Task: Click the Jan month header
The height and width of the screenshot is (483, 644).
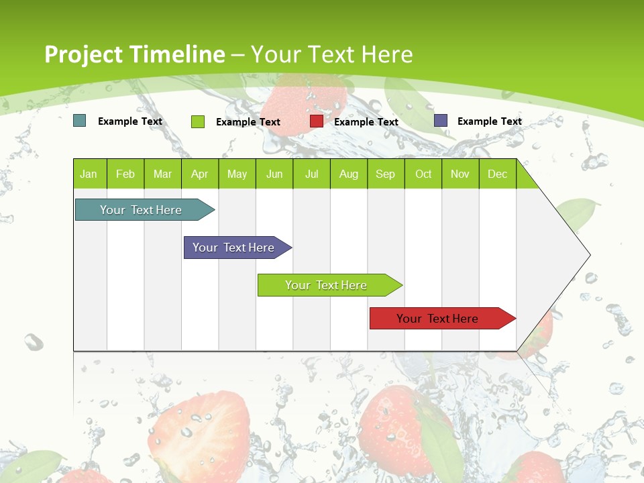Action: (89, 174)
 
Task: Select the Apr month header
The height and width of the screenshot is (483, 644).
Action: (200, 174)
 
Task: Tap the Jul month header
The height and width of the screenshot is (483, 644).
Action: (311, 174)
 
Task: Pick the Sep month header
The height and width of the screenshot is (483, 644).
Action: (386, 174)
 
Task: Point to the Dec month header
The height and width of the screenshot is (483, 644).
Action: (497, 174)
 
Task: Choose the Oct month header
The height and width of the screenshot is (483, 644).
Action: (423, 174)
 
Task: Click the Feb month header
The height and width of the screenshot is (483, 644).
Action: (125, 174)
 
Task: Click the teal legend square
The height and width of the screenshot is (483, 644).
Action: (80, 121)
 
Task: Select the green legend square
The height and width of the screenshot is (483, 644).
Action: (198, 121)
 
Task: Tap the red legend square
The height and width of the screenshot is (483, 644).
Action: (317, 121)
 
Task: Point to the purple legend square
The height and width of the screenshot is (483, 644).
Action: (441, 121)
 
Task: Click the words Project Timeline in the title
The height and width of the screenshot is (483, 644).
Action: (134, 54)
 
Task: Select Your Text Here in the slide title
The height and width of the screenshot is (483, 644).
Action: (332, 54)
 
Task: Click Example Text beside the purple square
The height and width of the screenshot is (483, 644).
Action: (489, 121)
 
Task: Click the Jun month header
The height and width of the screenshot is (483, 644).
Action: (274, 174)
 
